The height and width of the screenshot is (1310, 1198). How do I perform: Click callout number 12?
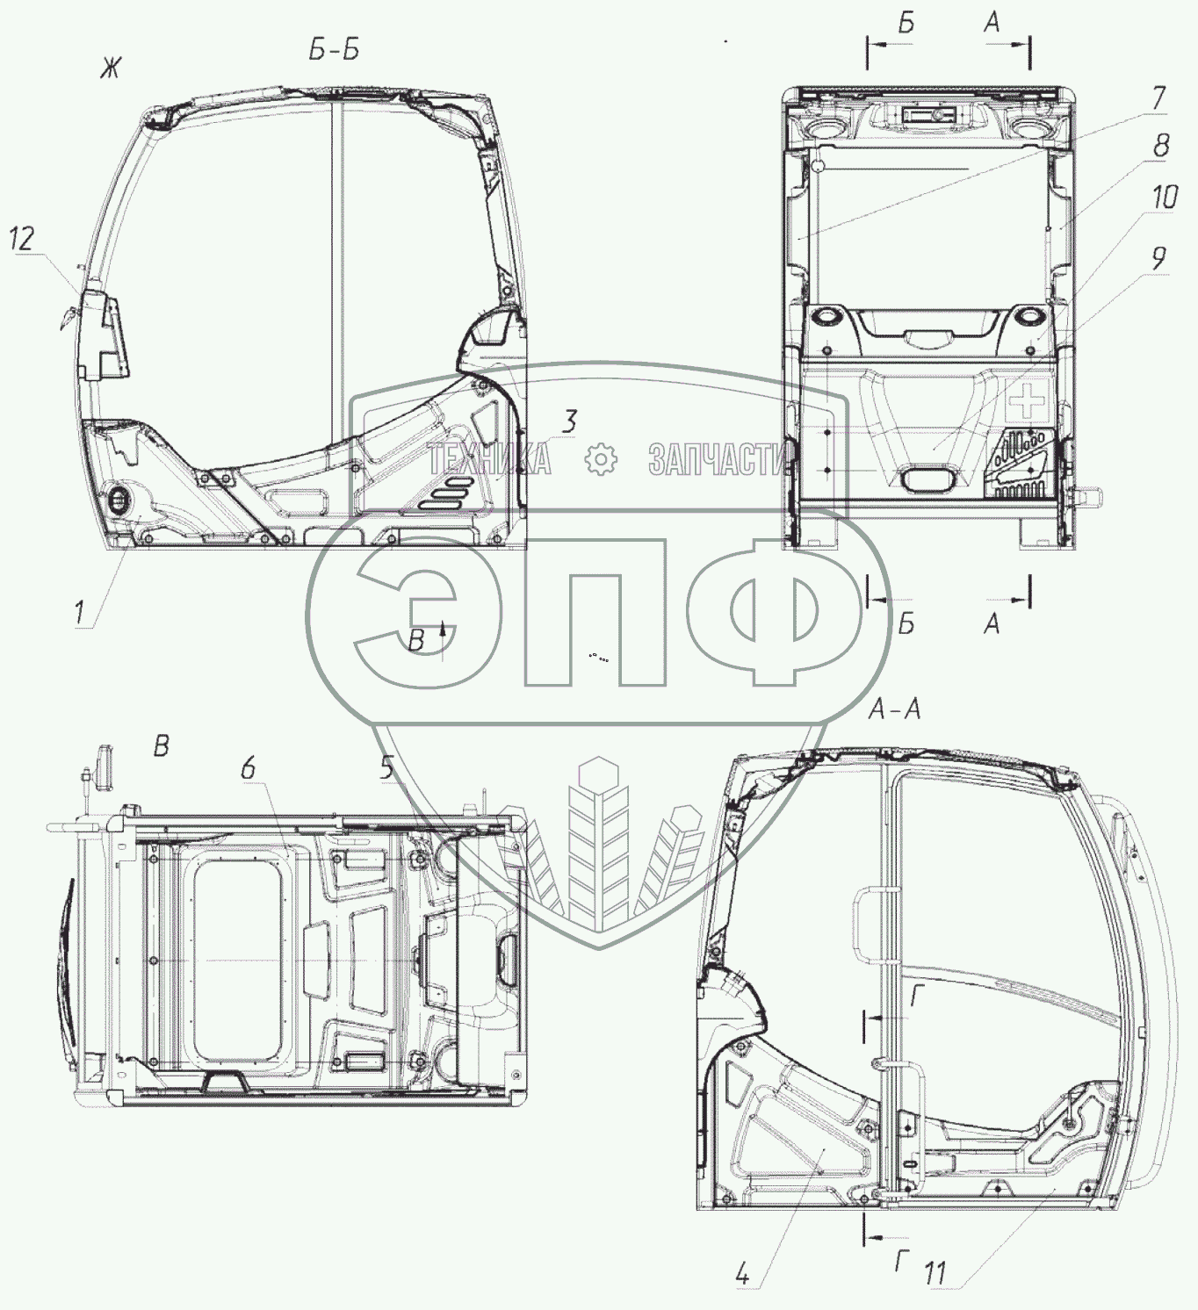tap(22, 239)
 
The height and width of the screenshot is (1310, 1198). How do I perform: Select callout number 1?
tap(79, 613)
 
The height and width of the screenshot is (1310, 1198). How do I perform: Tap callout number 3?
tap(570, 421)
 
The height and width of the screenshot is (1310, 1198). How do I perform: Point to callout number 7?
tap(1158, 98)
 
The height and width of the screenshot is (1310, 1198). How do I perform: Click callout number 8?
tap(1161, 145)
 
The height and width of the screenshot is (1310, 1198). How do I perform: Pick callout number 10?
tap(1165, 197)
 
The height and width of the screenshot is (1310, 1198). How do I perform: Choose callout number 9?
tap(1158, 259)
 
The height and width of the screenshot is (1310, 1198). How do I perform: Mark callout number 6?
tap(249, 768)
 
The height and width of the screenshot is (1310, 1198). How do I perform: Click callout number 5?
tap(387, 767)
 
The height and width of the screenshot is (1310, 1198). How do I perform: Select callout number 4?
tap(742, 1274)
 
